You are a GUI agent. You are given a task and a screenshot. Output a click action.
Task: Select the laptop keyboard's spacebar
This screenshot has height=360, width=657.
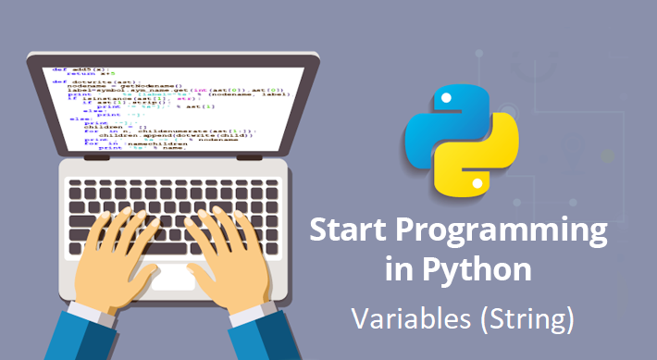point(170,242)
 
